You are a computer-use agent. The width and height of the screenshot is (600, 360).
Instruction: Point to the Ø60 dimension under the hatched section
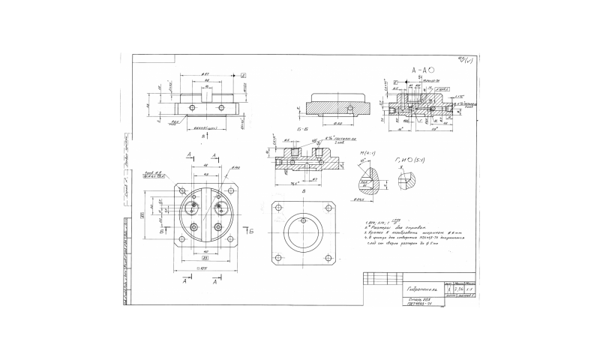[337, 121]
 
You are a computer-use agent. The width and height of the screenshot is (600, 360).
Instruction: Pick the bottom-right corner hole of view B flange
[328, 259]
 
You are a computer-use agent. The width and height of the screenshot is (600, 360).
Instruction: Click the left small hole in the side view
[193, 108]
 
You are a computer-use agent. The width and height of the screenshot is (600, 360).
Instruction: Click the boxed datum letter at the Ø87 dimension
[244, 76]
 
